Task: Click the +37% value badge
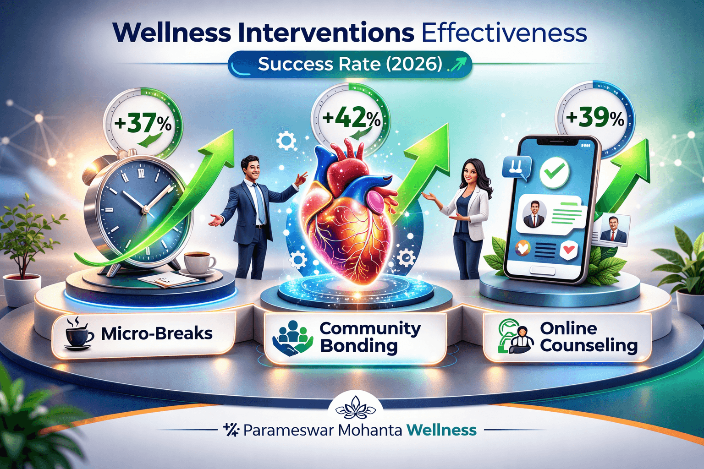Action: click(x=143, y=124)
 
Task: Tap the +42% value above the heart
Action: click(x=351, y=118)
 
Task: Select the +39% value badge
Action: click(x=595, y=118)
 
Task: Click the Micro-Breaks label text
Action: click(x=157, y=333)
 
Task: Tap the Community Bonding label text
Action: click(x=369, y=337)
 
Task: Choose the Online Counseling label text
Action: click(x=588, y=337)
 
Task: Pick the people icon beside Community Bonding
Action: click(x=292, y=338)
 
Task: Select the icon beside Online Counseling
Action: click(x=515, y=337)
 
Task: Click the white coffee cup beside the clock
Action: click(x=198, y=262)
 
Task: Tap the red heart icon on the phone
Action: click(x=569, y=250)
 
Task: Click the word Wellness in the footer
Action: click(x=441, y=431)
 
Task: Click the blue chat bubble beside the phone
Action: click(x=517, y=167)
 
